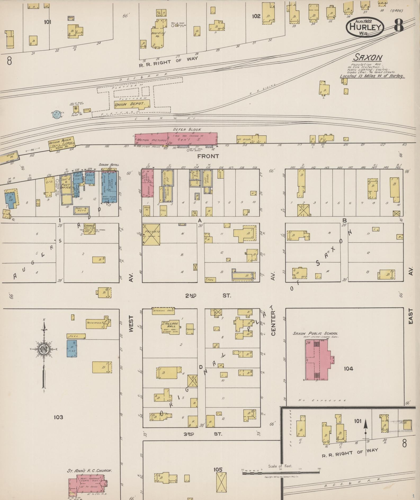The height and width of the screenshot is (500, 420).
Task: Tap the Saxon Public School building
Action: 317,360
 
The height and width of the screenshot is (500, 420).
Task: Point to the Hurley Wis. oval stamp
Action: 365,27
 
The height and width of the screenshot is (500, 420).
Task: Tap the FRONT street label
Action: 208,156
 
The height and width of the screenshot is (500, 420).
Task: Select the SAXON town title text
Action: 368,57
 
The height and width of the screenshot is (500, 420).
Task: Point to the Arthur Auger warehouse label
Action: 61,144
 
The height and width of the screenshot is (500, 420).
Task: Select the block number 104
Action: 348,369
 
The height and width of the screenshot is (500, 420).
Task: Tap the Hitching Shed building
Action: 163,311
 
